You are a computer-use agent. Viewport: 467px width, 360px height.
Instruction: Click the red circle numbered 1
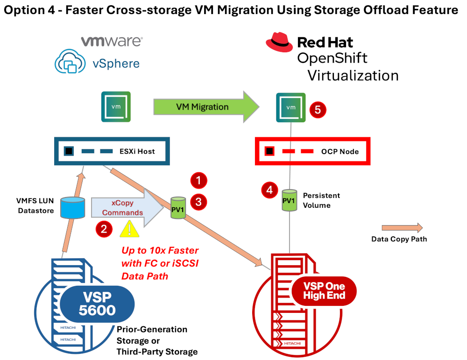[x=198, y=180]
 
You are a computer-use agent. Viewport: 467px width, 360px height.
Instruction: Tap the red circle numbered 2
[x=103, y=229]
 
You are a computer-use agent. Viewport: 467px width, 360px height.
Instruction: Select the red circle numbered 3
[x=198, y=202]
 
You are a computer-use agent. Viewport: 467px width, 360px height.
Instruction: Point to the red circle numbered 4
[x=269, y=190]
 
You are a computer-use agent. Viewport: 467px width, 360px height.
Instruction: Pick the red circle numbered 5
[x=317, y=110]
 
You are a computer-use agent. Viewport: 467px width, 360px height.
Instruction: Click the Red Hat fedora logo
[x=279, y=42]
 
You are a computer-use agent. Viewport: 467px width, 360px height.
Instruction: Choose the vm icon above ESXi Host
[x=116, y=106]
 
